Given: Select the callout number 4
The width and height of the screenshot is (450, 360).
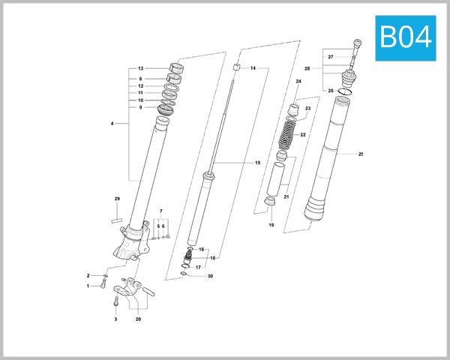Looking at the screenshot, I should (x=112, y=123).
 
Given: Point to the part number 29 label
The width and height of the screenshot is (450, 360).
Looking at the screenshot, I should (x=117, y=199).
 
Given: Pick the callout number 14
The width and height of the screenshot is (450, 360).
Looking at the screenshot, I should (x=253, y=68).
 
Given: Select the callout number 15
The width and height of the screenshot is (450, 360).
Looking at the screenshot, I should (x=257, y=163).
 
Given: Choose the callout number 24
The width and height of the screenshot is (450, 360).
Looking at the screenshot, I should (x=298, y=81).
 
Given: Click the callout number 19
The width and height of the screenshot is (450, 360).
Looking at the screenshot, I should (x=271, y=225).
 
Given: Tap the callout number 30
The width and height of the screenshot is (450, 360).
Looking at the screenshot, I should (x=210, y=277).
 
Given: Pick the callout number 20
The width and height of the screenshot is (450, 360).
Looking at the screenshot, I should (x=138, y=319).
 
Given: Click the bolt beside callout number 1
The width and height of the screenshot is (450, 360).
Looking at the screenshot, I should (x=103, y=286).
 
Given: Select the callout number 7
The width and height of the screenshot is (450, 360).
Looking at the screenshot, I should (x=160, y=211).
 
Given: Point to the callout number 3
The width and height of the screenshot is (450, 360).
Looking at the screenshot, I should (x=115, y=319).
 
